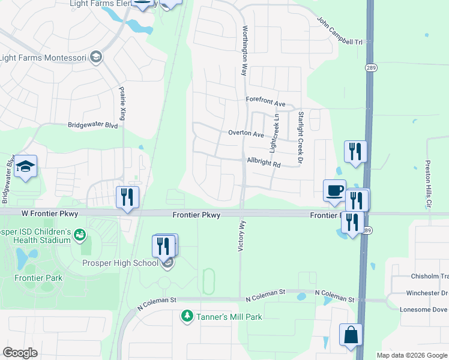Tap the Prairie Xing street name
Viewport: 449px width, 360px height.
[122, 102]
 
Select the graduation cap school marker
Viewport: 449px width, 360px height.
[26, 167]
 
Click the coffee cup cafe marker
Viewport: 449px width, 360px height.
[334, 190]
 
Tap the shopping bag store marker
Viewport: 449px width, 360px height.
[351, 335]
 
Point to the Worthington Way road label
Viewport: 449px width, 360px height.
[244, 50]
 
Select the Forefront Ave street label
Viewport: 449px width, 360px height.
[265, 103]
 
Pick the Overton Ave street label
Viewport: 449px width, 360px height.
[246, 134]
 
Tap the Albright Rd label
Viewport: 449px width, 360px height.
[264, 163]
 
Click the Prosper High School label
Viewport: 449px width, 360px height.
[120, 263]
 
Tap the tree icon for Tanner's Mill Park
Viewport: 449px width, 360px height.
[187, 316]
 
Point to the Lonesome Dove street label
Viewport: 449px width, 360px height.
[423, 309]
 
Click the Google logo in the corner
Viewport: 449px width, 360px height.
[20, 352]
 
